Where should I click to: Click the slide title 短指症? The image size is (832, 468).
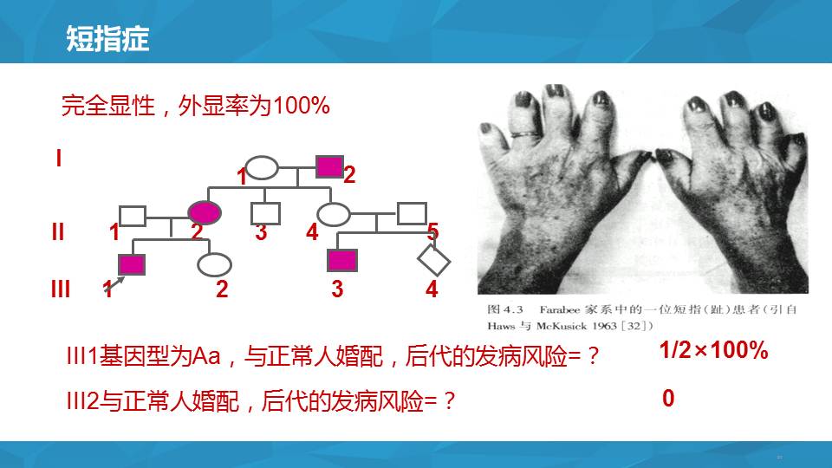point(107,39)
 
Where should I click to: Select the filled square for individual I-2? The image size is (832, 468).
point(329,166)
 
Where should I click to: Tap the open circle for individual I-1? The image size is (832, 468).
point(262,167)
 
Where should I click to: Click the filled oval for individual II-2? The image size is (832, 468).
point(205,213)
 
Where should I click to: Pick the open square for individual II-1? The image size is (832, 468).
point(133,216)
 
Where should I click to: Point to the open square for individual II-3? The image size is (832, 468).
point(265,213)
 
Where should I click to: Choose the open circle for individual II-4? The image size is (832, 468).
point(333,214)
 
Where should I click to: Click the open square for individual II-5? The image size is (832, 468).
point(412,213)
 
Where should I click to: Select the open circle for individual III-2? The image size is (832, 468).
point(214,265)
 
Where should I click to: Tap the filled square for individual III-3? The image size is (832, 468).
point(342,261)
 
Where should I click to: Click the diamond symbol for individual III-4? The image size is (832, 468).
point(433,261)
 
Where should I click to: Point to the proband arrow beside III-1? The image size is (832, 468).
point(115,284)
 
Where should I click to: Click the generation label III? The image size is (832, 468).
point(61,289)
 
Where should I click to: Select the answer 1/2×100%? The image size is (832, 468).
point(713,350)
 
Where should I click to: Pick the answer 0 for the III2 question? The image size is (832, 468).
point(668,398)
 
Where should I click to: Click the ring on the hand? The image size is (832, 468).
point(525,135)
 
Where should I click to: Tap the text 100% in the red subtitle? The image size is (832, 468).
point(301,105)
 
